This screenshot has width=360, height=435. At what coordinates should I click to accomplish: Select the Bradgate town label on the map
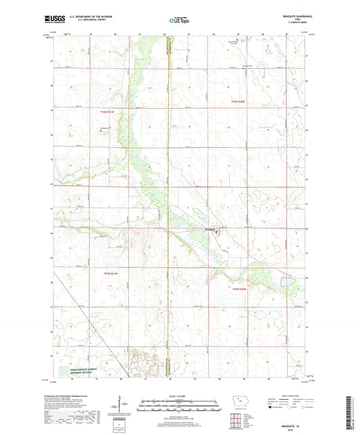point(210,228)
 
